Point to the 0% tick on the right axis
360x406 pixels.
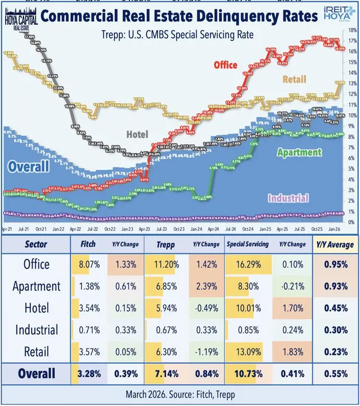pos(350,222)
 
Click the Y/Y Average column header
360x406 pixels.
pos(335,245)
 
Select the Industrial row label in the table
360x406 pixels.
pos(37,329)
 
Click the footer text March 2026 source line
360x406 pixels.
pos(180,395)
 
